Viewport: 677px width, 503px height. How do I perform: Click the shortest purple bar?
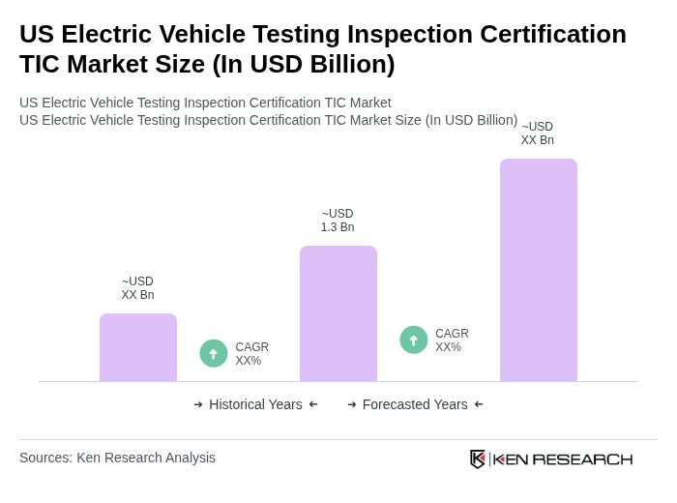pyautogui.click(x=138, y=347)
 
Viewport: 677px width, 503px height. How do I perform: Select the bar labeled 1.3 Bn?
pyautogui.click(x=338, y=313)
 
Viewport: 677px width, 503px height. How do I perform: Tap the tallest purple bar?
pyautogui.click(x=539, y=270)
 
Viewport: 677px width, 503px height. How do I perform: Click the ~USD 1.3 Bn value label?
pyautogui.click(x=338, y=221)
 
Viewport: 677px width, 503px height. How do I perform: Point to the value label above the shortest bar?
pyautogui.click(x=137, y=288)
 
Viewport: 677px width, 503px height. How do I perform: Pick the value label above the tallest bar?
pyautogui.click(x=538, y=133)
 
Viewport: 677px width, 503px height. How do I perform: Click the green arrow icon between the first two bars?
pyautogui.click(x=214, y=354)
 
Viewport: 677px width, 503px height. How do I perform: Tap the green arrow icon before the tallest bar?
pyautogui.click(x=414, y=340)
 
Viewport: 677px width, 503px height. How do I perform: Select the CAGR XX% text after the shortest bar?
pyautogui.click(x=251, y=354)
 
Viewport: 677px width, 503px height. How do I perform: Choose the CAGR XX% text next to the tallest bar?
pyautogui.click(x=452, y=340)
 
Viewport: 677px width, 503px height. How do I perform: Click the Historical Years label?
pyautogui.click(x=255, y=404)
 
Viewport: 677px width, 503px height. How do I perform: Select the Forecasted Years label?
pyautogui.click(x=415, y=404)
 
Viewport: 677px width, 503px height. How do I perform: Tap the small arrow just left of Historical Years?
pyautogui.click(x=198, y=404)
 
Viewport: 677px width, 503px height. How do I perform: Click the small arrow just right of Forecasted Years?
pyautogui.click(x=479, y=404)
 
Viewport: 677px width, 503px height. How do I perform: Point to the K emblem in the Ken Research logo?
pyautogui.click(x=478, y=459)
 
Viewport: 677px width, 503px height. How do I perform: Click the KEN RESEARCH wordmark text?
pyautogui.click(x=563, y=459)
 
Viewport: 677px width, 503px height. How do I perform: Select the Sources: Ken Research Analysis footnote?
pyautogui.click(x=117, y=458)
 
